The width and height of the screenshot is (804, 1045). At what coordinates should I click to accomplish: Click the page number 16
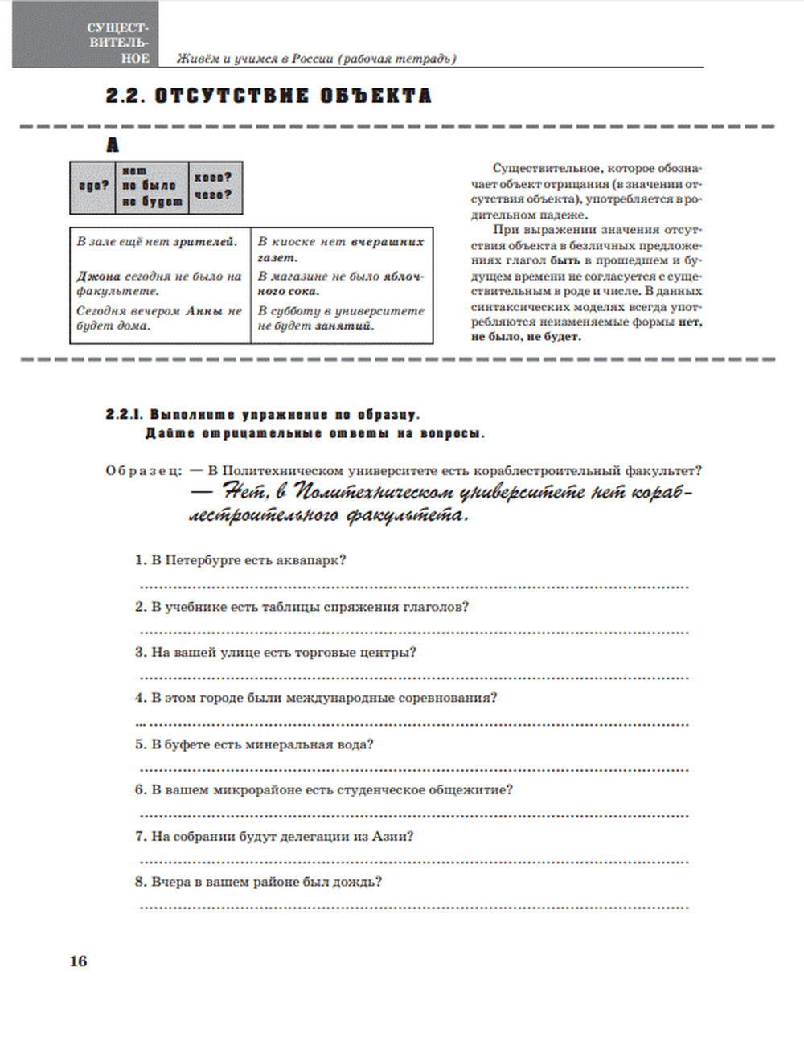(78, 961)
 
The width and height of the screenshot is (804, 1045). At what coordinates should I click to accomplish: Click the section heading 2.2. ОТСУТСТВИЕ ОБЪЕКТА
(269, 96)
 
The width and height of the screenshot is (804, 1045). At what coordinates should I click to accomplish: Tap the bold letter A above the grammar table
(113, 145)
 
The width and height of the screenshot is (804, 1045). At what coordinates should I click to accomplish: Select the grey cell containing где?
(93, 186)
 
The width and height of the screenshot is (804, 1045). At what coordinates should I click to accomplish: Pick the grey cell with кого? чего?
(214, 186)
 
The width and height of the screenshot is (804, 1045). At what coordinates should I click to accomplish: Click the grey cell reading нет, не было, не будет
(152, 186)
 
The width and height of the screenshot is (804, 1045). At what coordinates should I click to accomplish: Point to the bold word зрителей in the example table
(205, 241)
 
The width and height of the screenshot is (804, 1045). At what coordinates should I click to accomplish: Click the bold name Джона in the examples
(98, 276)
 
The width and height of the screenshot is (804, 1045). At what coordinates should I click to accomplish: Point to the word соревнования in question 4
(452, 698)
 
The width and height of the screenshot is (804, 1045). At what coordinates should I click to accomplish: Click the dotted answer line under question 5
(414, 769)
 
